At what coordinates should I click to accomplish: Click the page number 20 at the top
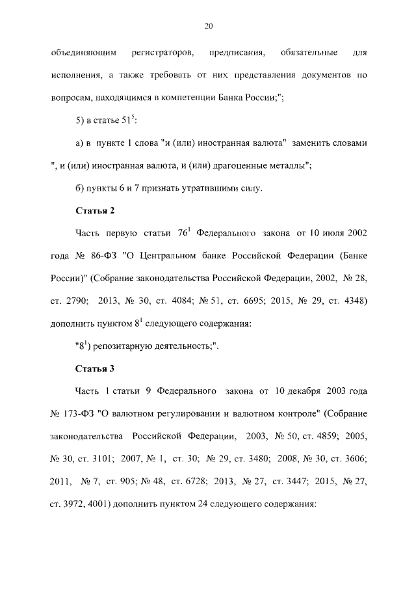[x=208, y=26]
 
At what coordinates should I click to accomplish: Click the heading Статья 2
[x=95, y=210]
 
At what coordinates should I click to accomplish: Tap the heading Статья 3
[x=95, y=369]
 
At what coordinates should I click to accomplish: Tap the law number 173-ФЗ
[x=79, y=415]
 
